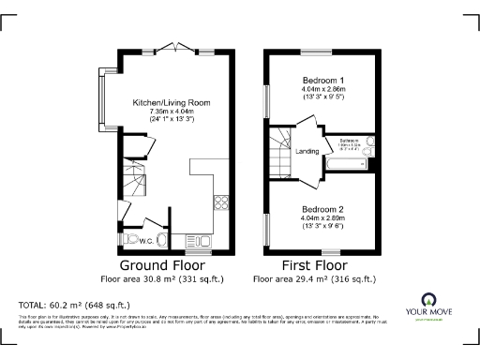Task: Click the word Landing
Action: (x=307, y=150)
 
